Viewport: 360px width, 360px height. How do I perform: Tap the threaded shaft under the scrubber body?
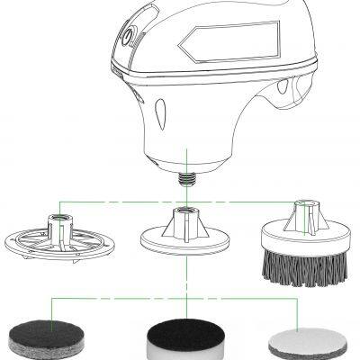(x=186, y=176)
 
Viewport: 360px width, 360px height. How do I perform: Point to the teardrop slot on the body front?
(x=158, y=116)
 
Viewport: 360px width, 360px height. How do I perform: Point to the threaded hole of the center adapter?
(x=185, y=212)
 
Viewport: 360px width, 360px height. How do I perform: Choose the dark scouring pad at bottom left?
(x=40, y=337)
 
